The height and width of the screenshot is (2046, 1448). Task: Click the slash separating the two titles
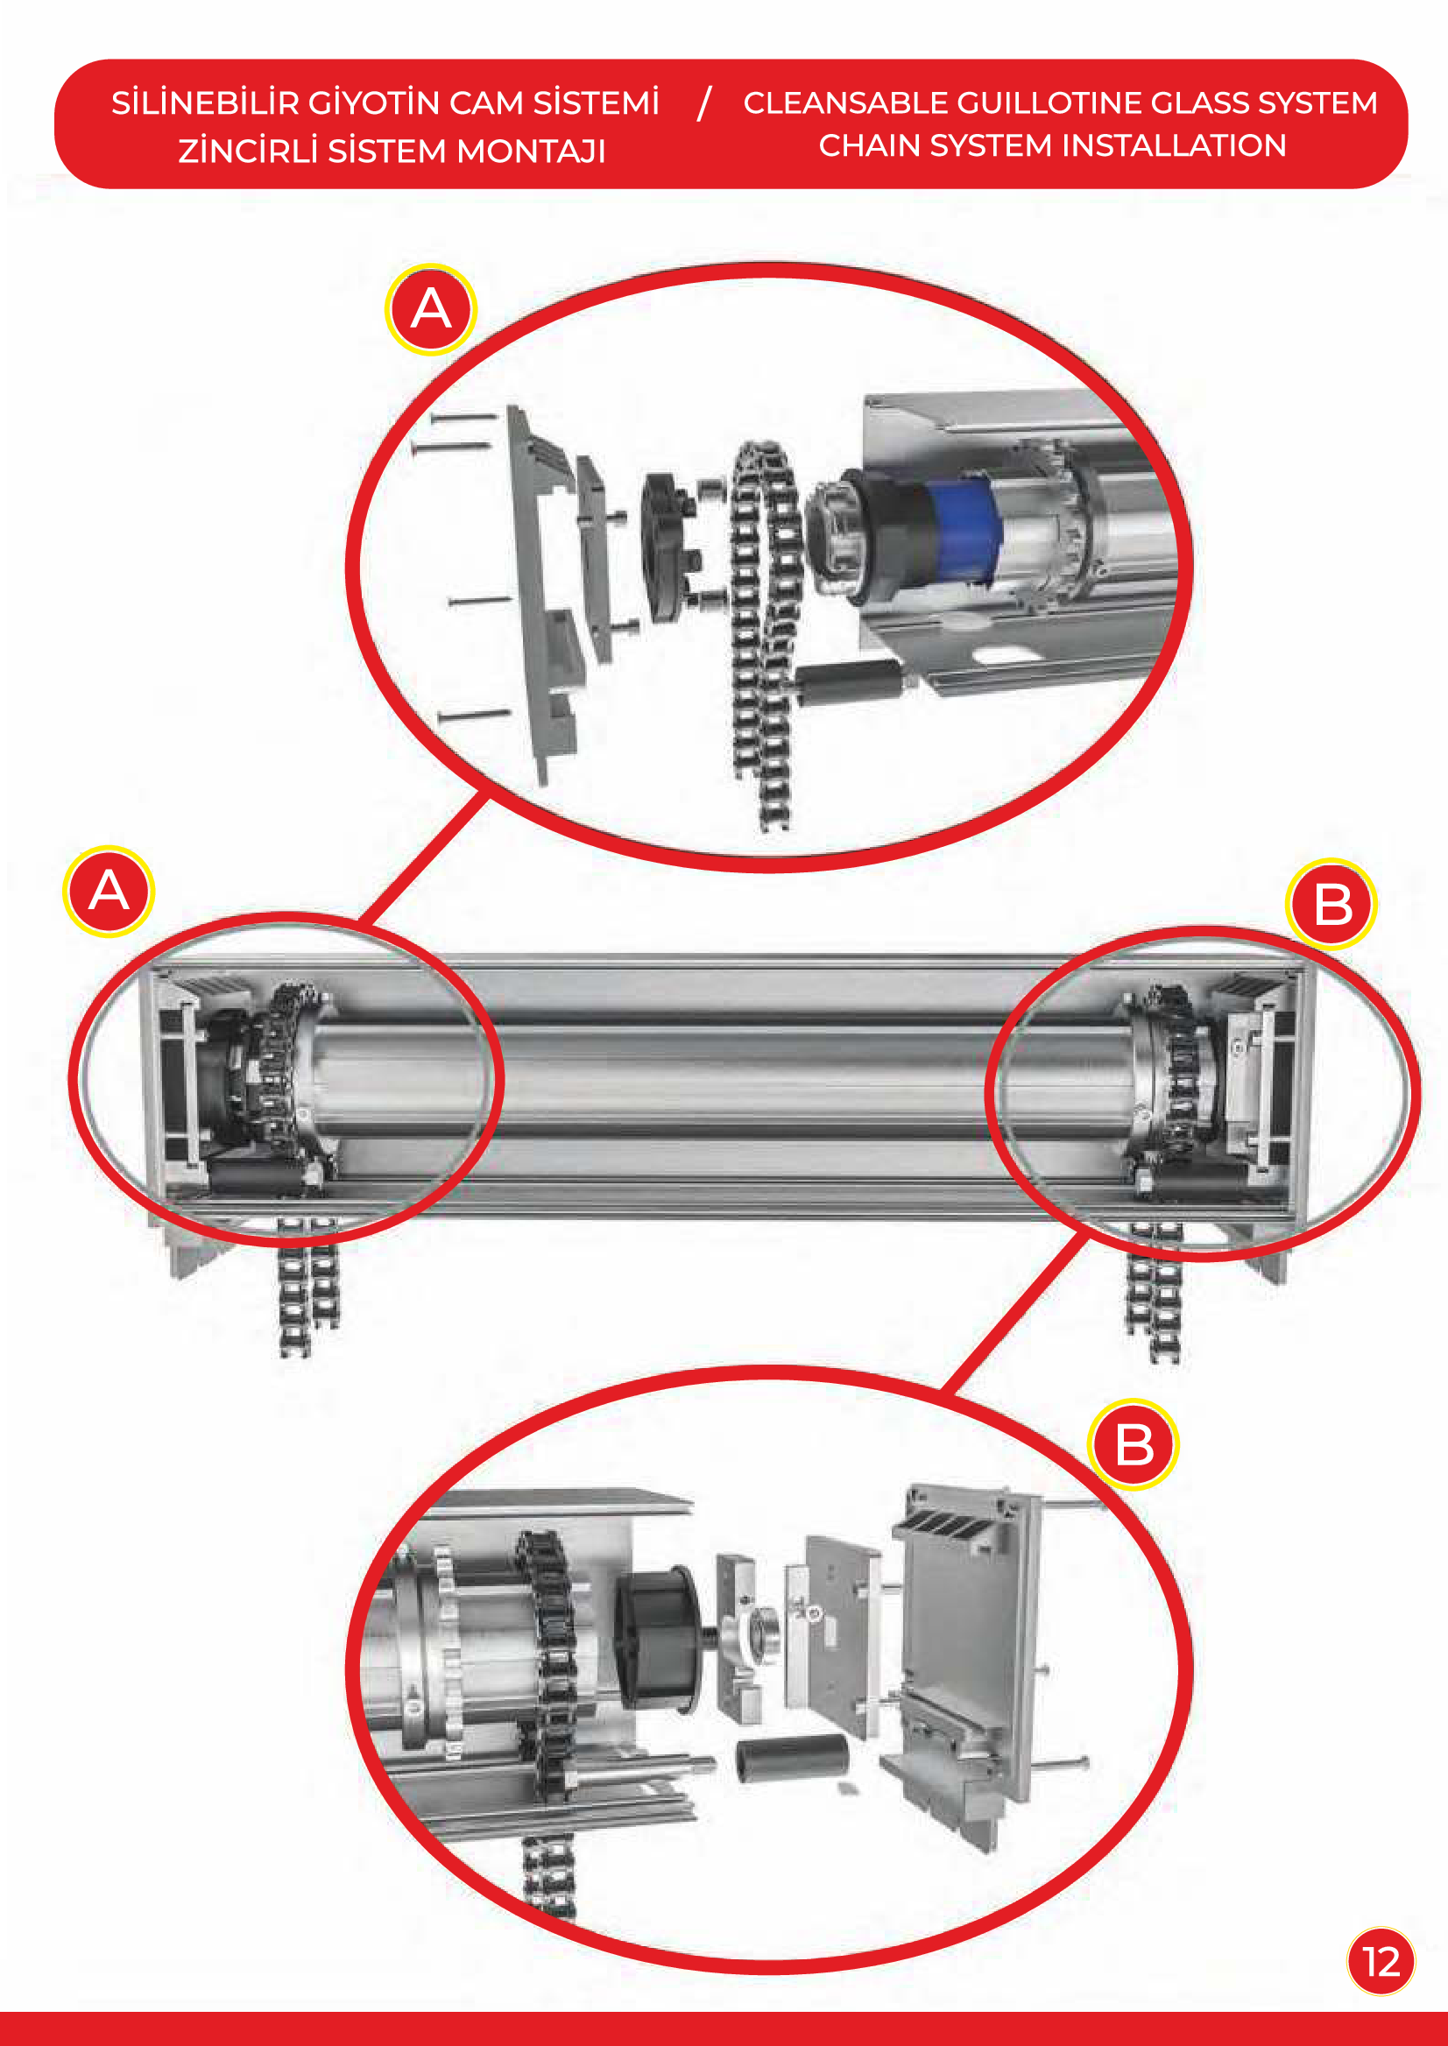704,102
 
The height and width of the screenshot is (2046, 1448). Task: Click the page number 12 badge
1381,1961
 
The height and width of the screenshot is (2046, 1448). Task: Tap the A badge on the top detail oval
431,309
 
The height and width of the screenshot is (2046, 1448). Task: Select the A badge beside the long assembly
109,891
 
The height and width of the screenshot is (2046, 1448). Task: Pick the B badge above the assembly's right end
1331,905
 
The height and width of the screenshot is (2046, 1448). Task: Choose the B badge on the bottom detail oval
1134,1444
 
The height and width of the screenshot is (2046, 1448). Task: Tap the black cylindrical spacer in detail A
848,683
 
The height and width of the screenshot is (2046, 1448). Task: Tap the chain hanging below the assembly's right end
1154,1293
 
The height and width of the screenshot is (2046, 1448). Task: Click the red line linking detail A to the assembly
423,857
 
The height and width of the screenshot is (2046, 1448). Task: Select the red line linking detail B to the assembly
1015,1312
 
